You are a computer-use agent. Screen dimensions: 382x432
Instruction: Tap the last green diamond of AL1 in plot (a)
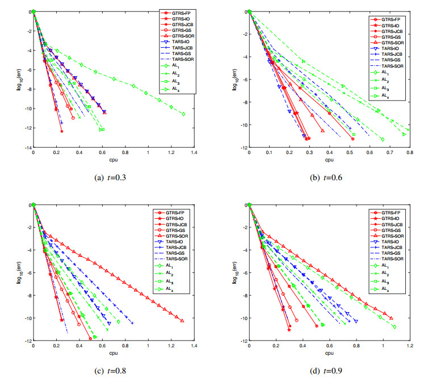183,114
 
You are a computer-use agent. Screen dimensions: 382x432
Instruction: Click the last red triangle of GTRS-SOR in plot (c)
182,321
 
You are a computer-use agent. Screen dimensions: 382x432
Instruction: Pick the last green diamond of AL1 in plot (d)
394,327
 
